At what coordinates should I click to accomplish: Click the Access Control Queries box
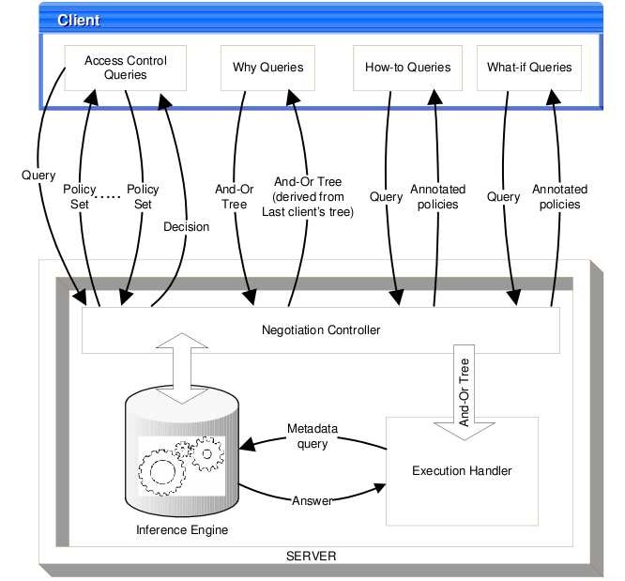tap(126, 68)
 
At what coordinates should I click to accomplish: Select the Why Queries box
tap(267, 68)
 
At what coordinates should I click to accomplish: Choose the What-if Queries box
tap(529, 68)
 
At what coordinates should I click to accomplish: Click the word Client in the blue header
tap(78, 20)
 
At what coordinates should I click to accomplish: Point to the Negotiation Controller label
tap(321, 330)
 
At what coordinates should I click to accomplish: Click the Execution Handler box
tap(463, 469)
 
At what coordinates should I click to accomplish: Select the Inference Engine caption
tap(181, 530)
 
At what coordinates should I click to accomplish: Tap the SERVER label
tap(311, 556)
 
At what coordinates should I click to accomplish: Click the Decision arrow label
tap(186, 226)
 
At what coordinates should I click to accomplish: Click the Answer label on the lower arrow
tap(312, 501)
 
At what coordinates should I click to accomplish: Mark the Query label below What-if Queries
tap(505, 197)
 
